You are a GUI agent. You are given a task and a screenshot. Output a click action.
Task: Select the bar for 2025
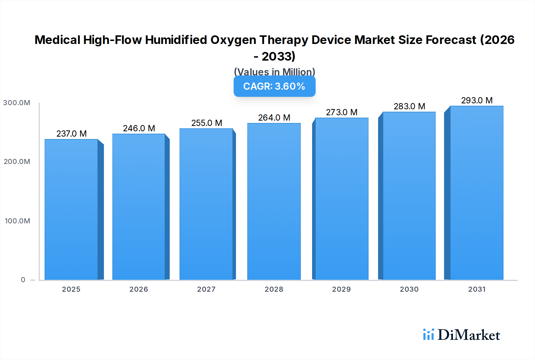tap(71, 209)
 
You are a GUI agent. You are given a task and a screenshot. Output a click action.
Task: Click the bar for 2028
tap(274, 201)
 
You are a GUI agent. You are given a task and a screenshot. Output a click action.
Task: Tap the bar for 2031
tap(477, 193)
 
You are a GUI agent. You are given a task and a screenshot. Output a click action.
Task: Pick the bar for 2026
tap(139, 207)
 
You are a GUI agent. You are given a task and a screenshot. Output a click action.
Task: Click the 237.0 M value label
tap(72, 134)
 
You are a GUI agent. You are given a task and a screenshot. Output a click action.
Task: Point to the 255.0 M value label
tap(207, 123)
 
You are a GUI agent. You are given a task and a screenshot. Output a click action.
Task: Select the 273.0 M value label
tap(342, 112)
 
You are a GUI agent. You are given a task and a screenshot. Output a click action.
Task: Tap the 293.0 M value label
tap(477, 100)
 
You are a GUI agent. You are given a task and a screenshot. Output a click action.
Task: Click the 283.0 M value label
tap(409, 106)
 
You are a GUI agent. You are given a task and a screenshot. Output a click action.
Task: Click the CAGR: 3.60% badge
tap(274, 86)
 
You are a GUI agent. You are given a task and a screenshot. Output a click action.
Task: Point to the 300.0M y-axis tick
tap(17, 103)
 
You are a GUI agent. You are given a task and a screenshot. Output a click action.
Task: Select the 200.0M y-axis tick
tap(17, 162)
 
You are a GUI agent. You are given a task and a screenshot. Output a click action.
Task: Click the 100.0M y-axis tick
tap(17, 221)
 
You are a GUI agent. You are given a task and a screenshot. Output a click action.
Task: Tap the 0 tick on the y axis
tap(23, 280)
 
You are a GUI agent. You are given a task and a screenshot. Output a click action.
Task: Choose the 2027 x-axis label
tap(206, 289)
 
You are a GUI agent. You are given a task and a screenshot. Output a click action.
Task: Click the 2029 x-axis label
tap(342, 289)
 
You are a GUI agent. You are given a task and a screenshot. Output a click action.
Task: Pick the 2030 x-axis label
tap(409, 289)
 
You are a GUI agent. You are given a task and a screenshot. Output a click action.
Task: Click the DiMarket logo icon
tap(428, 334)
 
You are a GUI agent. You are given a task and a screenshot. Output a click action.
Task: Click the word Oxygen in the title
tap(233, 40)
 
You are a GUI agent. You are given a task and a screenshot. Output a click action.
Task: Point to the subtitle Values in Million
tap(274, 72)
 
